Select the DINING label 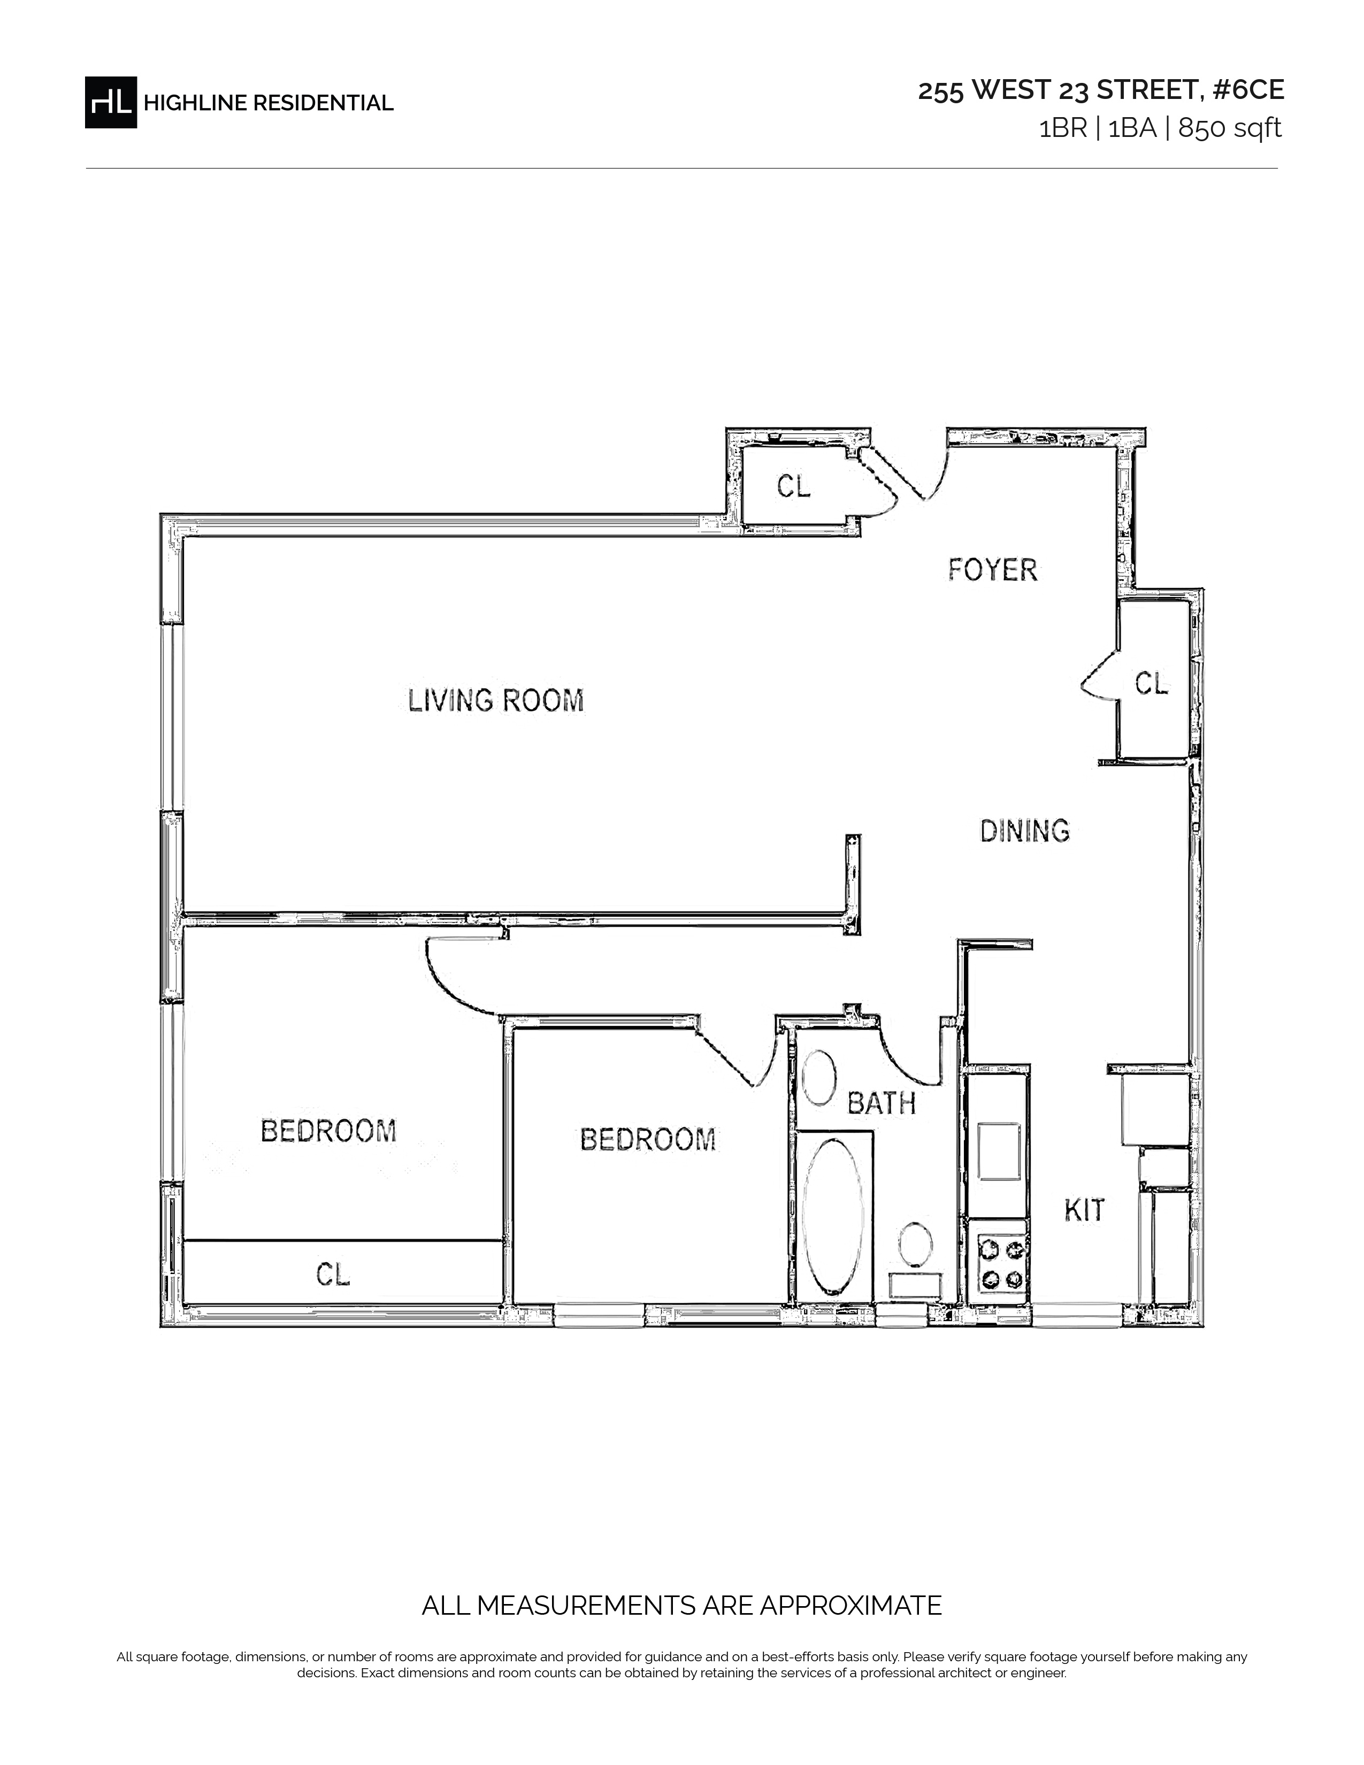click(1025, 831)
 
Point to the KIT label click(1084, 1210)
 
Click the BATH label click(881, 1102)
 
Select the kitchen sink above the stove click(1000, 1151)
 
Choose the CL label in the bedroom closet click(333, 1275)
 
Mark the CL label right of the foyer click(1152, 684)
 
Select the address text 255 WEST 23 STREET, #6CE click(1101, 90)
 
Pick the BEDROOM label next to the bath click(648, 1139)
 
